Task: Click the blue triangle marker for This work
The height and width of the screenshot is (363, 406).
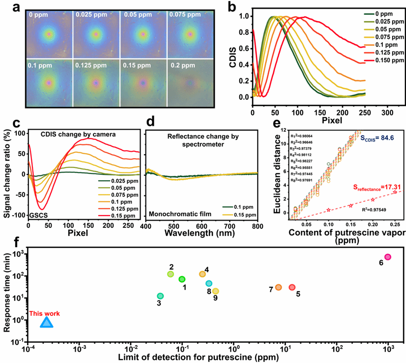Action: coord(46,322)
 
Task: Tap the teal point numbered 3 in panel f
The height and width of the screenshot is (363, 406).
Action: coord(160,296)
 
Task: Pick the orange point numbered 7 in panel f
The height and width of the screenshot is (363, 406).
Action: coord(278,287)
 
